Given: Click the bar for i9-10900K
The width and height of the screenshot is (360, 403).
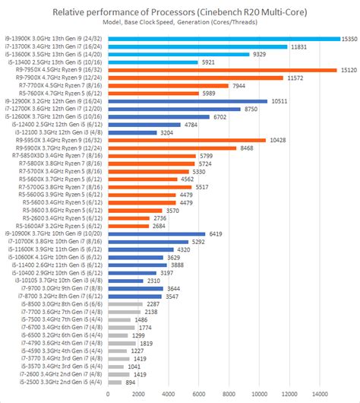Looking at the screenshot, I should coord(157,234).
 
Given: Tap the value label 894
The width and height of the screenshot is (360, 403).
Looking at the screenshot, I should coord(131,382).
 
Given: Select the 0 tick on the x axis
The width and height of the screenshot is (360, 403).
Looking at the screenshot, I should coord(109,394).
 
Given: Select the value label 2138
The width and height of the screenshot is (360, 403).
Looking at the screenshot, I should coord(150,312).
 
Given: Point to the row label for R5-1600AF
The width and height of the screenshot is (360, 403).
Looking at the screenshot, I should coord(59,226).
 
